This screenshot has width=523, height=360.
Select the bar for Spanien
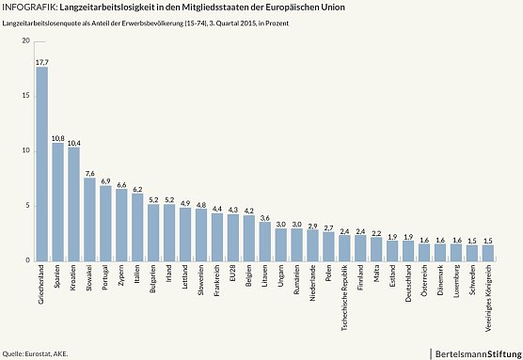[x=57, y=201]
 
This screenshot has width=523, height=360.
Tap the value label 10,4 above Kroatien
[x=73, y=143]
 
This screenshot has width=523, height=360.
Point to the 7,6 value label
[x=89, y=173]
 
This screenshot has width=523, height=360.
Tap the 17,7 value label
[x=41, y=62]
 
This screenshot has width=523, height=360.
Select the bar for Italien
[x=137, y=227]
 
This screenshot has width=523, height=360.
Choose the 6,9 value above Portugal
[x=105, y=180]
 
